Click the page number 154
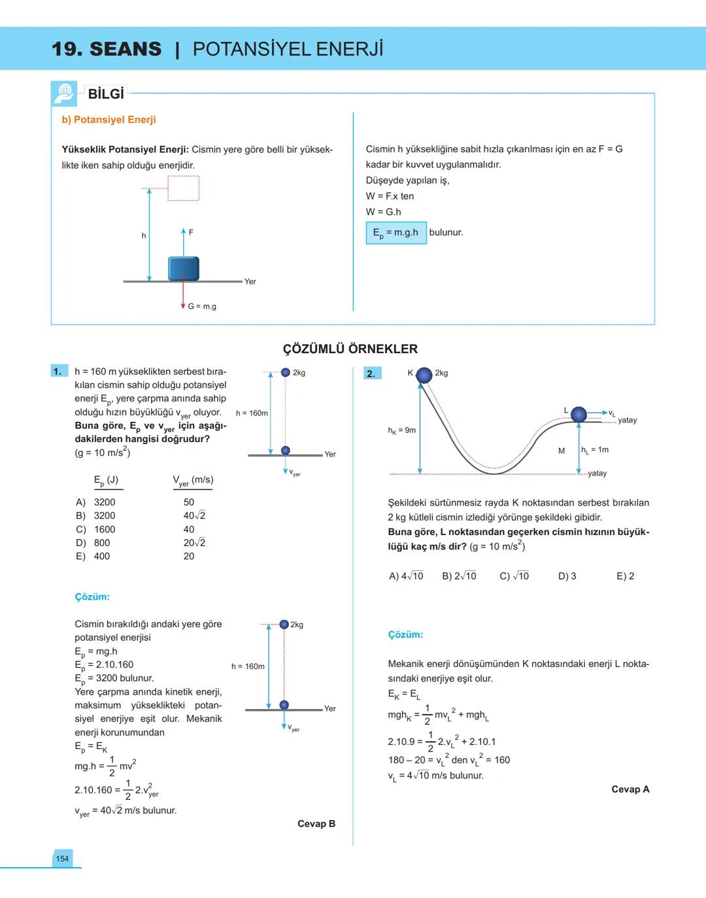pos(62,859)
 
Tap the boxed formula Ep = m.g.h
pos(395,233)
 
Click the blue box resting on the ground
pos(183,268)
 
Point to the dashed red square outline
pos(183,188)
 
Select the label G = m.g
pos(202,306)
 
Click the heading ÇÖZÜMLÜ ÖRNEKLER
pos(350,349)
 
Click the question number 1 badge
pos(58,371)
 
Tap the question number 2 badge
pos(371,373)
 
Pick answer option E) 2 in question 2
pos(625,576)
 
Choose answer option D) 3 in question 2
pos(567,576)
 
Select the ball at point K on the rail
pos(424,375)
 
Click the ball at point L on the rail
pos(579,414)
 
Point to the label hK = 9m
pos(401,430)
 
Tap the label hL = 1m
pos(595,450)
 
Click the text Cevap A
pos(630,789)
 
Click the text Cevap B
pos(316,824)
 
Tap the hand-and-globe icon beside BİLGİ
pos(64,94)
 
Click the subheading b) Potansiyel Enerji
pos(109,120)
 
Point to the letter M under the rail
pos(562,451)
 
